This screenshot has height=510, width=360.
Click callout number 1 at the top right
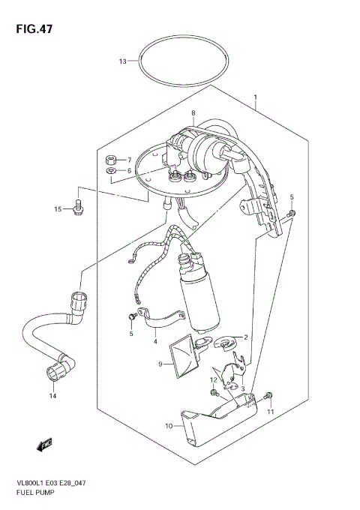[255, 97]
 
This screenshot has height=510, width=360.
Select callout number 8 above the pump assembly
[193, 113]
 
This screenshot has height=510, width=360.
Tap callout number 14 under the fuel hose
[52, 395]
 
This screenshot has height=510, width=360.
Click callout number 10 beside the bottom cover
[169, 426]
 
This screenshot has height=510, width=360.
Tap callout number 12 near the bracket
[213, 380]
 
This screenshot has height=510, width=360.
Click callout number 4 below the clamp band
[155, 342]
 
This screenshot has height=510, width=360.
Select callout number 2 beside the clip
[244, 337]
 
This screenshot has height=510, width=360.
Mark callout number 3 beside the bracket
[242, 388]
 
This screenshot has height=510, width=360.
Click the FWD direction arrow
[42, 445]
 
